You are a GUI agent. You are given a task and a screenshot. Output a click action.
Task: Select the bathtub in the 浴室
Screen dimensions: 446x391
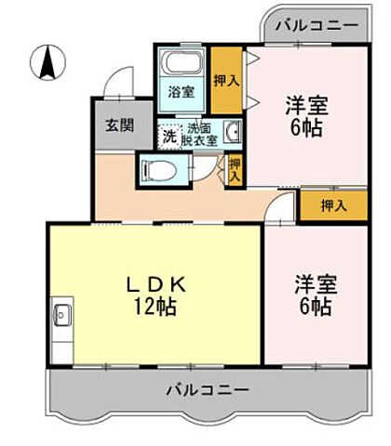182,66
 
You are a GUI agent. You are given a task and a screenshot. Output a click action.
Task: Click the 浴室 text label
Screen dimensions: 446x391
181,93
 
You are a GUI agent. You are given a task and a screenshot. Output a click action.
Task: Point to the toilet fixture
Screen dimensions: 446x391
158,169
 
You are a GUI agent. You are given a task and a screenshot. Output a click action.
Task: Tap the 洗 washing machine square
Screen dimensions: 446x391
169,134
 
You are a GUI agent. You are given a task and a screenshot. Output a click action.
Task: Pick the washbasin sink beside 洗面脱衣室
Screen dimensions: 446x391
233,131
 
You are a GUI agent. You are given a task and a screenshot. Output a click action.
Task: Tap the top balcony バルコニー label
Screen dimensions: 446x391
315,24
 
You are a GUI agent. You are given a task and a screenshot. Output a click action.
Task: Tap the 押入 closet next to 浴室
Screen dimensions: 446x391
226,80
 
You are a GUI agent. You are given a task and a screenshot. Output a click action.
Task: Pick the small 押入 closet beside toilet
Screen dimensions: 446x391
235,168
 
